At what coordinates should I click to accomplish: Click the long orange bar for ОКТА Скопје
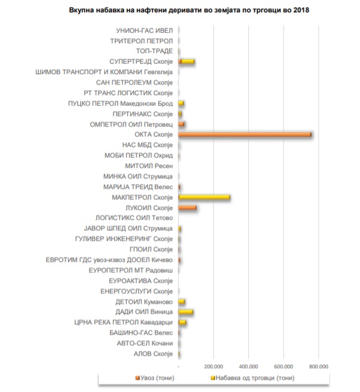(245, 135)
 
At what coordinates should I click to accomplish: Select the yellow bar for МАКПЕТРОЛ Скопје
(204, 198)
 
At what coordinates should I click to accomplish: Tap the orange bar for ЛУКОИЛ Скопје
(187, 208)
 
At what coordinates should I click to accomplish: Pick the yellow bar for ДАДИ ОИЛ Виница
(185, 312)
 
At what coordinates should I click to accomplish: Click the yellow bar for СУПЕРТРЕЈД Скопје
(188, 62)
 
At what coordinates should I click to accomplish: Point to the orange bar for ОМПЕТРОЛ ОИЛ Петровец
(182, 124)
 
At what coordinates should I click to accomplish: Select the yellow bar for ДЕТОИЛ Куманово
(182, 302)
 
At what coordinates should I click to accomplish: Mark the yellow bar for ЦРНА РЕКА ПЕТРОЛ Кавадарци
(182, 322)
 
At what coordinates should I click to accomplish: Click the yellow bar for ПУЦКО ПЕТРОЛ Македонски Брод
(182, 103)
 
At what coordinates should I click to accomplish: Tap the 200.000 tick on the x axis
(214, 367)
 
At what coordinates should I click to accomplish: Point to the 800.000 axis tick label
(319, 367)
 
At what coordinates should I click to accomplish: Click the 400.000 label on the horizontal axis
(248, 367)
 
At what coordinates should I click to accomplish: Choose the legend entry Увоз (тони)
(155, 378)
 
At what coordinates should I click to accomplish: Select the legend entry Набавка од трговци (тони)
(253, 378)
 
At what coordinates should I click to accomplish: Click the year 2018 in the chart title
(301, 10)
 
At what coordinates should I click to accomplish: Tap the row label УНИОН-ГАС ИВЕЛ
(144, 30)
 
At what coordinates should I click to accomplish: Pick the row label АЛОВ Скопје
(153, 354)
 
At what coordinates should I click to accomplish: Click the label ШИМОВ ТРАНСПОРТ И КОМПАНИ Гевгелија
(104, 72)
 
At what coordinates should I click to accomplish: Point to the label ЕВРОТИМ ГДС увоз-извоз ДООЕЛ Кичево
(109, 260)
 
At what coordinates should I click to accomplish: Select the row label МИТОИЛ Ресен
(149, 166)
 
